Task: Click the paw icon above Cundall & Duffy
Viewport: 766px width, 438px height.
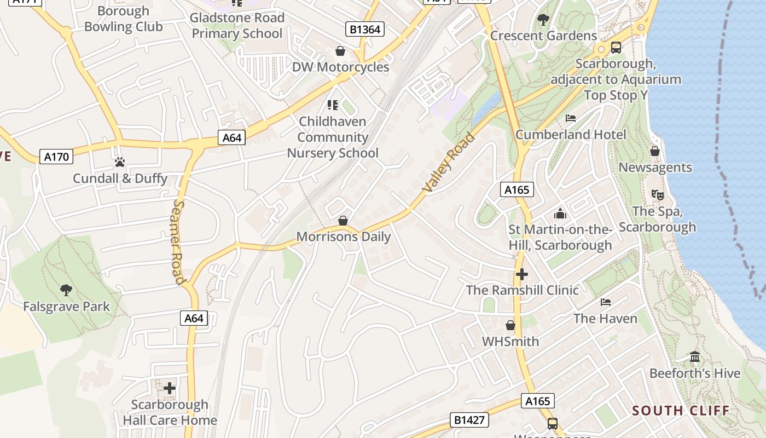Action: pyautogui.click(x=120, y=162)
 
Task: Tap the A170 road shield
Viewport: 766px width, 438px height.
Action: pyautogui.click(x=56, y=157)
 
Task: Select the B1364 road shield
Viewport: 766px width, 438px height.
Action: pyautogui.click(x=365, y=29)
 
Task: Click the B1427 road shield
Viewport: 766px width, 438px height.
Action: pyautogui.click(x=469, y=420)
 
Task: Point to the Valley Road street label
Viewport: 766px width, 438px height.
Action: pyautogui.click(x=449, y=162)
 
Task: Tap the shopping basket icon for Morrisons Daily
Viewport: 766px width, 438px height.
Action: pyautogui.click(x=343, y=221)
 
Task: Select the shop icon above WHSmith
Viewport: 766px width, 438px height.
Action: pyautogui.click(x=510, y=325)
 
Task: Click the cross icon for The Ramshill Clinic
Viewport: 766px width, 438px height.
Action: pyautogui.click(x=522, y=274)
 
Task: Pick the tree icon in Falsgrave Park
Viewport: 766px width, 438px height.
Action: pyautogui.click(x=66, y=290)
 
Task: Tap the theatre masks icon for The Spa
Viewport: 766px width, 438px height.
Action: pyautogui.click(x=657, y=194)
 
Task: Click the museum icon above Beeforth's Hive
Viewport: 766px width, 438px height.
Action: pyautogui.click(x=695, y=357)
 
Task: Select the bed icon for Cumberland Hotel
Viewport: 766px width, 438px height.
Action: pyautogui.click(x=571, y=118)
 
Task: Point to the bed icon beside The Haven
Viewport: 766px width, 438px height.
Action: pyautogui.click(x=606, y=302)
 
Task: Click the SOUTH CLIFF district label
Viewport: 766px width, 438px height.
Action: pyautogui.click(x=681, y=411)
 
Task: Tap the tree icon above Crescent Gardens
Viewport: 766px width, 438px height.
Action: pyautogui.click(x=543, y=20)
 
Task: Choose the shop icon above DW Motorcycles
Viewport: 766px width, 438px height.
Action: pyautogui.click(x=340, y=51)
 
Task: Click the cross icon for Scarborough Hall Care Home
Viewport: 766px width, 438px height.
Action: pyautogui.click(x=170, y=388)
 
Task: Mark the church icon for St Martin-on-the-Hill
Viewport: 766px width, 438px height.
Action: pyautogui.click(x=560, y=213)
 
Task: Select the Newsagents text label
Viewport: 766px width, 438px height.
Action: pyautogui.click(x=655, y=168)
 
